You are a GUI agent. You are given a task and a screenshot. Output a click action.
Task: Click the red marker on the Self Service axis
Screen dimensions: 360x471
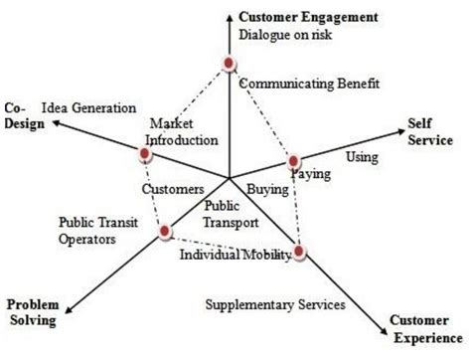point(293,161)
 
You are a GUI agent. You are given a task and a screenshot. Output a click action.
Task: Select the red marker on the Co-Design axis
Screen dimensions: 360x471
point(145,156)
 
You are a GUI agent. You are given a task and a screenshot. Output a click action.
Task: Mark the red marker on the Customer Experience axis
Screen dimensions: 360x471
point(300,253)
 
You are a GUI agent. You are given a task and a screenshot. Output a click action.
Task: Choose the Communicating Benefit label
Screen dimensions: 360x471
point(309,85)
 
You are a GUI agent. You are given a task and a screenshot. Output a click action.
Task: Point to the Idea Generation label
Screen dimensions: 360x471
point(88,105)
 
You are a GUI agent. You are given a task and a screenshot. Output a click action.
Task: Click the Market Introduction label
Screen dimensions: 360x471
point(181,131)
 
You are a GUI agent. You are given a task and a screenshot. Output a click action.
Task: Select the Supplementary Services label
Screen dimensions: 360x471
point(275,302)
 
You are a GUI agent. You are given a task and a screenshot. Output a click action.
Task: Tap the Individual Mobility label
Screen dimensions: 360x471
point(235,255)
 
